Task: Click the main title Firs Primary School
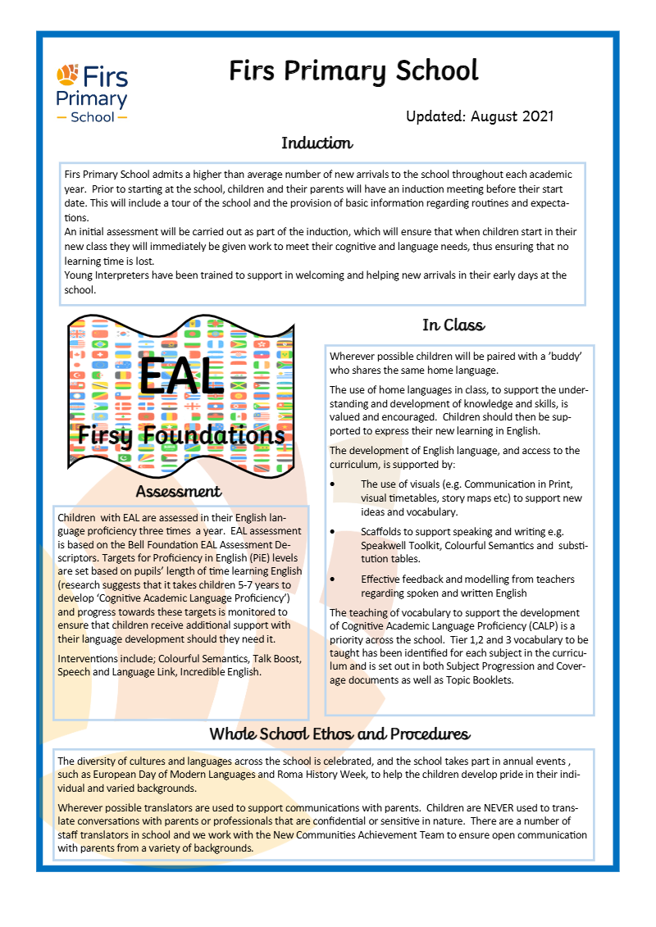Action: click(353, 71)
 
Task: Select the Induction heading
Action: click(317, 143)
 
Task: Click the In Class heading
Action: click(453, 325)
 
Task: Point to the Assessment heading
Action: click(179, 492)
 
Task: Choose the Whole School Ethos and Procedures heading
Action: click(339, 733)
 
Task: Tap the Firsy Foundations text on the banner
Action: click(181, 434)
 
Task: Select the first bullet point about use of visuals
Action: click(332, 484)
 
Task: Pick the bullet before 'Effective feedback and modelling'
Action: click(332, 579)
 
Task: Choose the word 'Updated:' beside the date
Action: click(435, 116)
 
